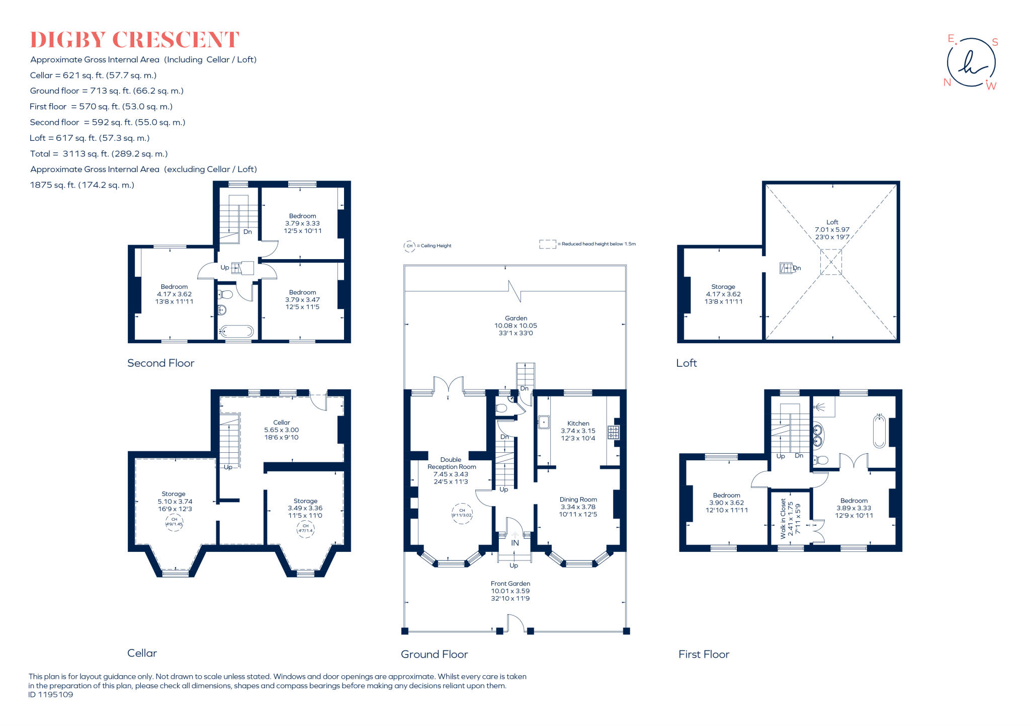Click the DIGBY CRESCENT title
[134, 40]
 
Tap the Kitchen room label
[578, 424]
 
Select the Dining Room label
[578, 500]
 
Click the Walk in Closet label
[783, 518]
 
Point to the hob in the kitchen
[613, 432]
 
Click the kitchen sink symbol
[543, 422]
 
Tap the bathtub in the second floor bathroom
[237, 331]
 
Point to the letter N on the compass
[947, 83]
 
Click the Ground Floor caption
[434, 654]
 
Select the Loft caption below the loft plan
[686, 363]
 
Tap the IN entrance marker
[514, 543]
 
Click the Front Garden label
[510, 584]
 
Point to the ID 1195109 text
[51, 694]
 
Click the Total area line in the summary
[99, 153]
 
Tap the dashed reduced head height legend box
[547, 244]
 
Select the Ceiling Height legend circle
[409, 246]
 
